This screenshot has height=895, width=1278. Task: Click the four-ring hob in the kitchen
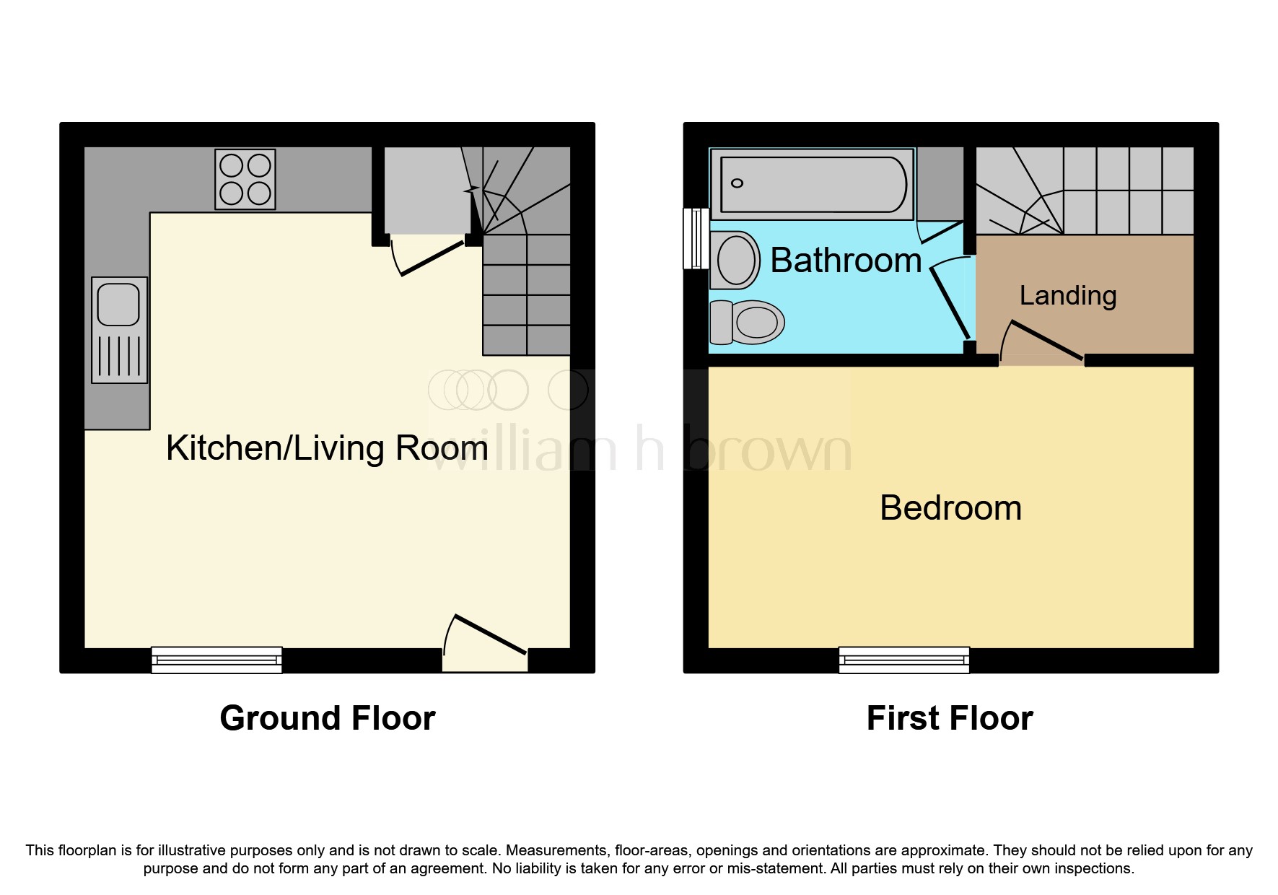245,179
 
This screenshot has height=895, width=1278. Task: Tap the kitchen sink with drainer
120,330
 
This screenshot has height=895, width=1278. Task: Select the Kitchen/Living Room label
327,448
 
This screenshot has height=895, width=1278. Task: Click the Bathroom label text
846,260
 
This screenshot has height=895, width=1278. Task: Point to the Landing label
1068,296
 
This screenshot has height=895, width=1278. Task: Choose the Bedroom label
950,508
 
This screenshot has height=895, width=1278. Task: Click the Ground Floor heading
328,718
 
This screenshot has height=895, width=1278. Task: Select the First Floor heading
950,718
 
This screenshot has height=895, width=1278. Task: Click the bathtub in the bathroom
813,184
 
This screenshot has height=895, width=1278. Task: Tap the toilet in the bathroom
747,322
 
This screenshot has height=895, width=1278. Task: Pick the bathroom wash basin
735,260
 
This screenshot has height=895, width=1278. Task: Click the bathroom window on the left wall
696,238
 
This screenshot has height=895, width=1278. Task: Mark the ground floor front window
216,660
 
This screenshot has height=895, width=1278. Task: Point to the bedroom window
904,660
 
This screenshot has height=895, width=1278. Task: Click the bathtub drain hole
737,183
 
